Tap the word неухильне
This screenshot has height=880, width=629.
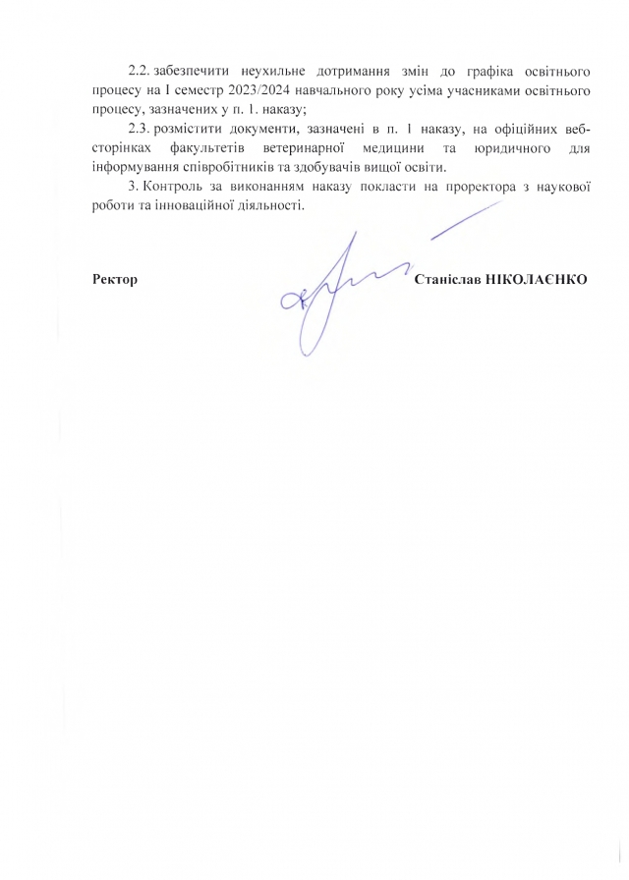(x=272, y=74)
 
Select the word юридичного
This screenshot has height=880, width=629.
(x=509, y=147)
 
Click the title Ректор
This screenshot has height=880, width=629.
(x=114, y=280)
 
